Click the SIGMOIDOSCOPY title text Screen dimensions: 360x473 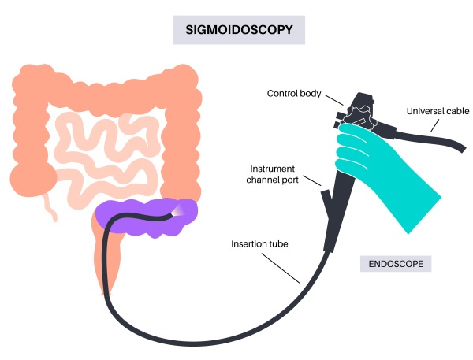pos(238,30)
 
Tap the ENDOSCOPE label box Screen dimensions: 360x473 pos(396,263)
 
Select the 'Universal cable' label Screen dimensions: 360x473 pos(437,111)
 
